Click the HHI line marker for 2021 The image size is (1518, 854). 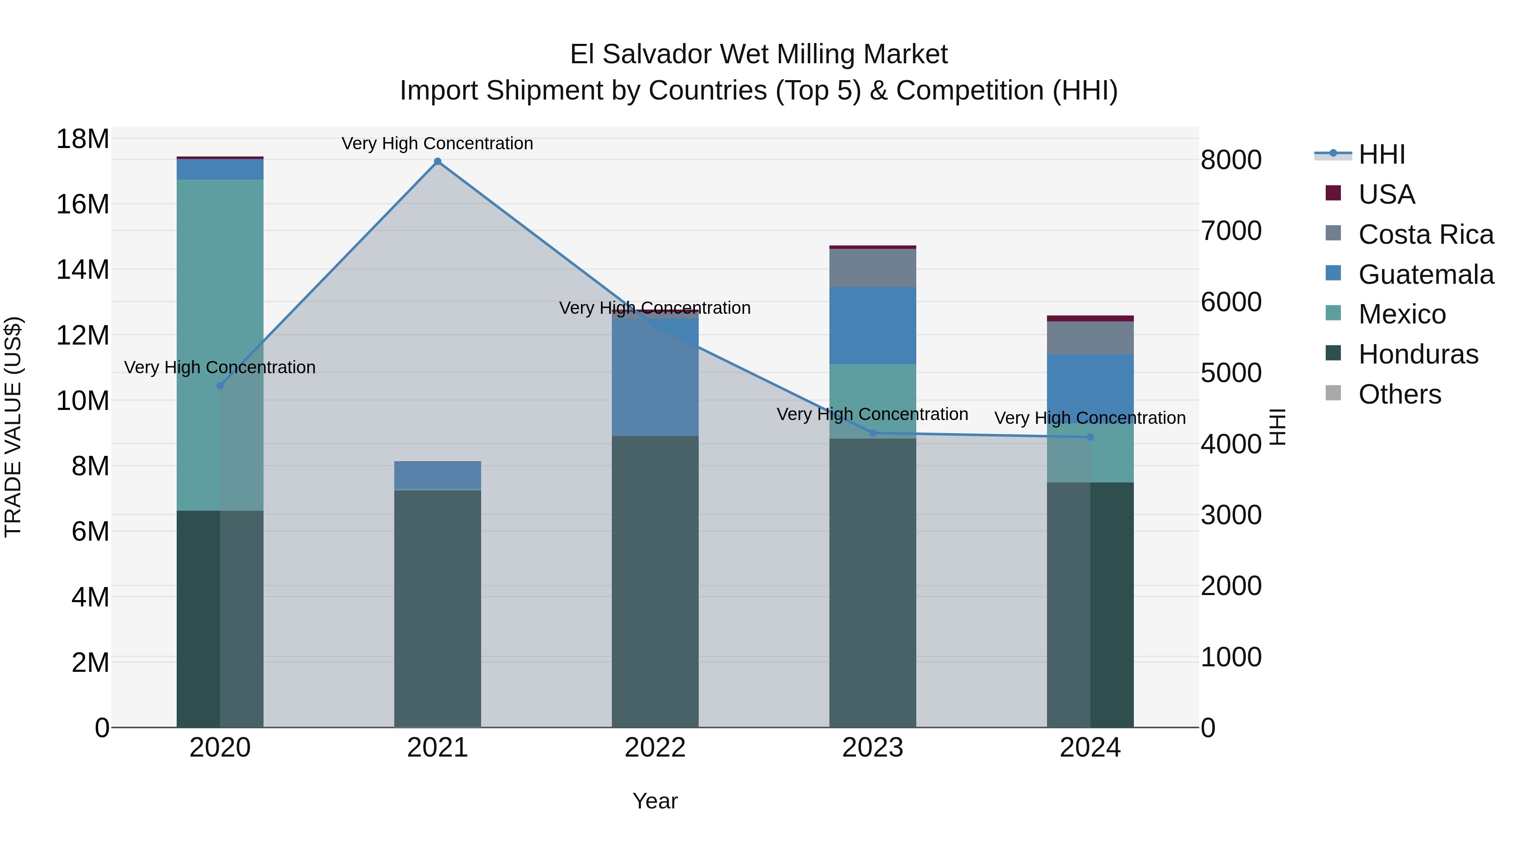click(437, 162)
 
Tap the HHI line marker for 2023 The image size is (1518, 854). click(873, 433)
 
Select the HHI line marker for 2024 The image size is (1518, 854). click(1090, 437)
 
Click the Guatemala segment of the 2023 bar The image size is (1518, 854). click(873, 325)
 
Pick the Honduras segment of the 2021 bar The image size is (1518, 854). click(437, 607)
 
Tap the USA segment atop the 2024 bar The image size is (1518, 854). click(1090, 319)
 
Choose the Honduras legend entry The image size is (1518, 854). click(1417, 354)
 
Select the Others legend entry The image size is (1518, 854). click(1399, 394)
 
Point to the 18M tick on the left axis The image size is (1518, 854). click(83, 140)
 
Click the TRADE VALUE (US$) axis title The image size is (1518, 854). click(13, 427)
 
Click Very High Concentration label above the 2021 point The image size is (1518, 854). click(437, 144)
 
